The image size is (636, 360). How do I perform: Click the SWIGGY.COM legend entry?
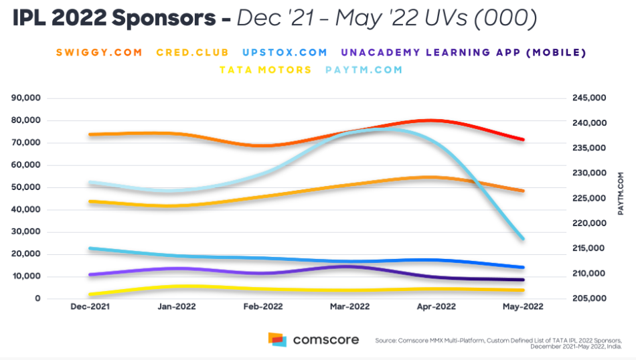point(99,52)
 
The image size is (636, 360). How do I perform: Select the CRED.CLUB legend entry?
point(192,52)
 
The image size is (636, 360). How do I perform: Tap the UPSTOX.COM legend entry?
point(285,52)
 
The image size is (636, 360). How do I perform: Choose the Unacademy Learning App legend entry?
point(463,52)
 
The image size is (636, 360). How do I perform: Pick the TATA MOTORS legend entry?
point(265,70)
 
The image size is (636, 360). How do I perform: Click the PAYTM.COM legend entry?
point(364,70)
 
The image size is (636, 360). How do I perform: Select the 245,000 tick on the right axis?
point(590,98)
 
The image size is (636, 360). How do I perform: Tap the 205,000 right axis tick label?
point(590,298)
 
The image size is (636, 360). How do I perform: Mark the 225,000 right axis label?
point(590,198)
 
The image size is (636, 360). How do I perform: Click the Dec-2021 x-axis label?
point(90,307)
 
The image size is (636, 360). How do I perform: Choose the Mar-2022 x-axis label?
point(350,307)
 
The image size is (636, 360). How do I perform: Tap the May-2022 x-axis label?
point(523,307)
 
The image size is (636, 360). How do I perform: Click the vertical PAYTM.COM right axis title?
point(621,193)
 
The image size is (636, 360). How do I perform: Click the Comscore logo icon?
point(277,339)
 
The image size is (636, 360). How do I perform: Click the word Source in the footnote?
point(386,341)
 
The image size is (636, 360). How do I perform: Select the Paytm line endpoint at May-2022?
point(522,239)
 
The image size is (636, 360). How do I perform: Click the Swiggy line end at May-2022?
point(522,140)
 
